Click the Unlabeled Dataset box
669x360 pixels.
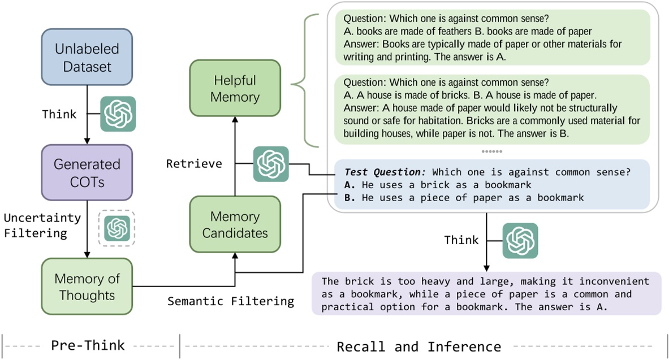[87, 57]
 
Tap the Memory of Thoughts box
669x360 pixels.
[87, 287]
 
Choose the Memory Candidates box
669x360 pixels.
[235, 224]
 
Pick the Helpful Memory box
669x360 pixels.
[235, 88]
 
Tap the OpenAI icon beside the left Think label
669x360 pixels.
[118, 114]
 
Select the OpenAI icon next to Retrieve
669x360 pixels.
[271, 164]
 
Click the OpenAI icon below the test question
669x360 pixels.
[520, 240]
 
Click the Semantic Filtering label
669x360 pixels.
[231, 301]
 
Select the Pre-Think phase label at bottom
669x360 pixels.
[88, 345]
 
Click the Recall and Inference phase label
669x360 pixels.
[418, 346]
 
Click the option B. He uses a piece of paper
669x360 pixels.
[464, 198]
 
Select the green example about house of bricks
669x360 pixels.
[492, 109]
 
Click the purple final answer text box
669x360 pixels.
[486, 294]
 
